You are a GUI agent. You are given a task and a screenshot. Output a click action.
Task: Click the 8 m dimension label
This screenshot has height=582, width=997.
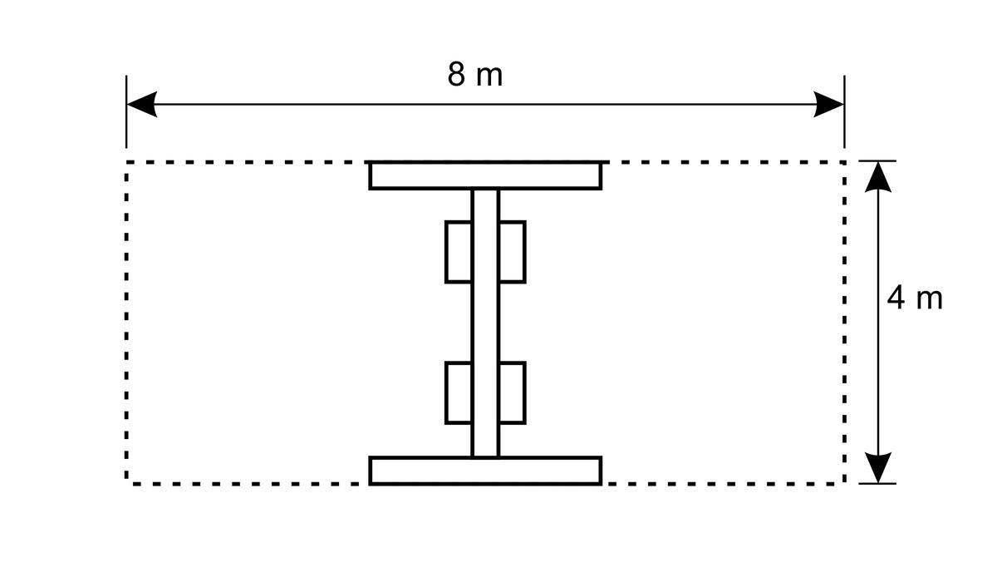(475, 75)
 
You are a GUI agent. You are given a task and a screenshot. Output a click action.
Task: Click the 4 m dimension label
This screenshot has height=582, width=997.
(915, 298)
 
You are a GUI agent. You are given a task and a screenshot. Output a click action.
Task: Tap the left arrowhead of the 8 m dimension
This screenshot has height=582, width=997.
(142, 104)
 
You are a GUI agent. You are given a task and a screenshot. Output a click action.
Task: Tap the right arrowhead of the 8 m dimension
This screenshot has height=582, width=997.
(829, 104)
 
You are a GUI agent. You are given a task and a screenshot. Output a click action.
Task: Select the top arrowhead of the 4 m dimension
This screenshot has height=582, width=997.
(877, 177)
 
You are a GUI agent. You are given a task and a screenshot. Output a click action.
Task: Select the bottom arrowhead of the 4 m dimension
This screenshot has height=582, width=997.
(877, 467)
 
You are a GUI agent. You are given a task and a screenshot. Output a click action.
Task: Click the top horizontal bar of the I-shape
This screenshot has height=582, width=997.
(485, 176)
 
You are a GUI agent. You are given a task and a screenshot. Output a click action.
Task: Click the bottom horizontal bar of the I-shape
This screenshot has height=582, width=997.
(485, 471)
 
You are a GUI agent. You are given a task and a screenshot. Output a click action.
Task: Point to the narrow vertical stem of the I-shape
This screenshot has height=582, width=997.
(485, 323)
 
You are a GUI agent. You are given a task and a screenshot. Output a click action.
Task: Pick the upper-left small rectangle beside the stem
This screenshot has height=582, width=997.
(459, 252)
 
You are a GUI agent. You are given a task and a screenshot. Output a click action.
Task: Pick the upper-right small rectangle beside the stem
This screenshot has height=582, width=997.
(513, 252)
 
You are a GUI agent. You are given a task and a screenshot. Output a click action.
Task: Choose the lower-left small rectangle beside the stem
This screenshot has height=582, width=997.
(459, 393)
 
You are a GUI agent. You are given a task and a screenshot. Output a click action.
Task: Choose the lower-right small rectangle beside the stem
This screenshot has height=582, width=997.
(513, 393)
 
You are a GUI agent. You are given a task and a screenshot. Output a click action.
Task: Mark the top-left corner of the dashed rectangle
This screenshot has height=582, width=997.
(127, 162)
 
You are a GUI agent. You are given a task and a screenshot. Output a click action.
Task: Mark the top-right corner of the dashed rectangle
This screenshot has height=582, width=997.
(844, 162)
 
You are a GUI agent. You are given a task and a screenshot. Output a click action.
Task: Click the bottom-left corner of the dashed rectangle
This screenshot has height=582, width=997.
(127, 484)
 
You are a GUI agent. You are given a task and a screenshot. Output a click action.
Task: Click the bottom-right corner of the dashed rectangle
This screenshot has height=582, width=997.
(844, 484)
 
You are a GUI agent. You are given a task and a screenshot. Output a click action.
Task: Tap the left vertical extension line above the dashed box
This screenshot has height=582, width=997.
(126, 111)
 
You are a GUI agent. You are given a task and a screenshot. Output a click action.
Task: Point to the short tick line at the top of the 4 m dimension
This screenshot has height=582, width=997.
(877, 160)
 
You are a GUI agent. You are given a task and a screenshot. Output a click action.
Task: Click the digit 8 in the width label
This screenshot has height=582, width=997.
(456, 75)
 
